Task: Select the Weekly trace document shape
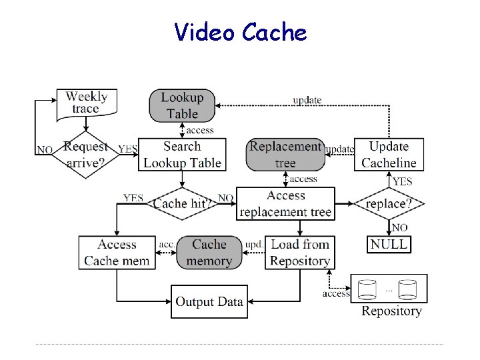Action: tap(86, 103)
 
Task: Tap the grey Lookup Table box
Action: tap(183, 106)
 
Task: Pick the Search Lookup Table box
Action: tap(183, 155)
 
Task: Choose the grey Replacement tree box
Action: tap(285, 155)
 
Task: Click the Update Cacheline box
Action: tap(389, 155)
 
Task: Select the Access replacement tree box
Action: tap(285, 203)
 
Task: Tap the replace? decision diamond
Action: tap(389, 203)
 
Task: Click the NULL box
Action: tap(389, 244)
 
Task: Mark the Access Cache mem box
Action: tap(117, 253)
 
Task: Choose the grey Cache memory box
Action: tap(209, 253)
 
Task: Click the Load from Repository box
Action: tap(300, 253)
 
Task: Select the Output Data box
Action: tap(209, 302)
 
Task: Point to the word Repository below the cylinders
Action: tap(391, 311)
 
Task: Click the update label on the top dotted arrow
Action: tap(307, 100)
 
